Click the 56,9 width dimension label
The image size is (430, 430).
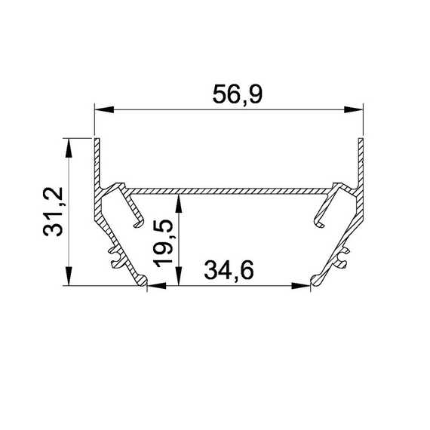point(238,94)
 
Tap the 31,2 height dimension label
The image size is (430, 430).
point(54,211)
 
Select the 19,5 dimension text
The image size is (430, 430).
point(163,243)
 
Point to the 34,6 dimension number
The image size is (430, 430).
point(229,270)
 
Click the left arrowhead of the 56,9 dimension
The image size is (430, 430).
point(104,109)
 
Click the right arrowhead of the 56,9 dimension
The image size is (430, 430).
point(354,109)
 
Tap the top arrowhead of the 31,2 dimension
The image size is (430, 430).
point(69,148)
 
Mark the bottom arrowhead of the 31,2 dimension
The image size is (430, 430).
point(69,276)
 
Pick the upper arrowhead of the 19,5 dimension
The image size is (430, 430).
point(179,204)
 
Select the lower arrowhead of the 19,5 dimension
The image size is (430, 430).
point(179,276)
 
